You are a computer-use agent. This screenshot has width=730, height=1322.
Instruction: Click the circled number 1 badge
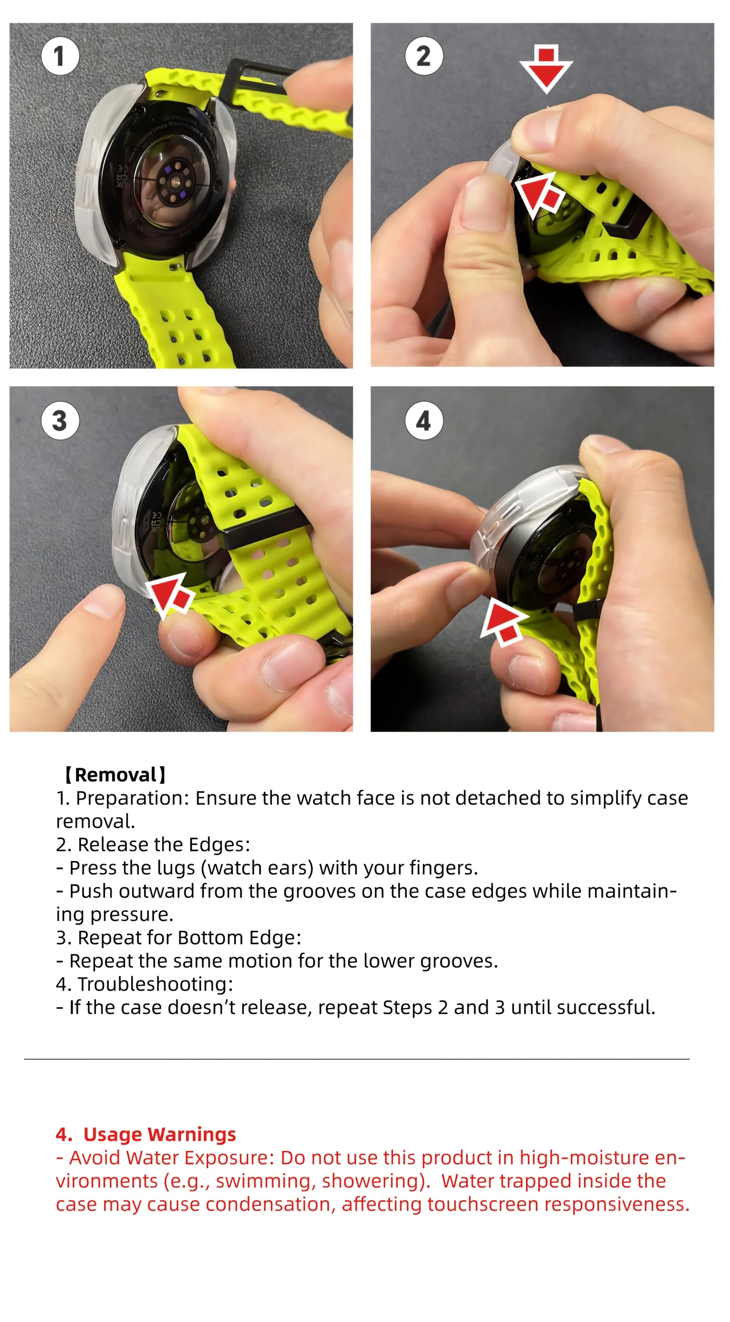tap(60, 56)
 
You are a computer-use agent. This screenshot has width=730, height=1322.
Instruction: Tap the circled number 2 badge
tap(424, 56)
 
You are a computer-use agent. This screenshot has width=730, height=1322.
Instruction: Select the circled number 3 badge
tap(60, 420)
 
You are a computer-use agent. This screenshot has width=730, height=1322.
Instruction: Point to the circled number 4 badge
tap(424, 420)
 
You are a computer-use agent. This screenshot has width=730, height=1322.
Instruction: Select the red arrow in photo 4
tap(504, 620)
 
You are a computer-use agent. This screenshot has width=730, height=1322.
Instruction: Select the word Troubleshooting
tap(155, 984)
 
